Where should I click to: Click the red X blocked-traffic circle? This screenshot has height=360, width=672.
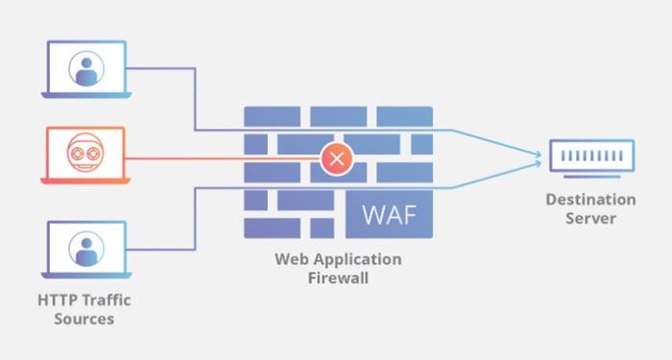(x=336, y=157)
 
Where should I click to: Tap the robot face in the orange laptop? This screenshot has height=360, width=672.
(x=85, y=154)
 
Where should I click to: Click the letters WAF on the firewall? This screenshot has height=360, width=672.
(x=392, y=213)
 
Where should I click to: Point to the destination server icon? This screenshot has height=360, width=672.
(x=589, y=156)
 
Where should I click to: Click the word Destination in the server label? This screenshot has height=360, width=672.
(x=590, y=200)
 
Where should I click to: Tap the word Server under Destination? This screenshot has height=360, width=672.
(x=590, y=219)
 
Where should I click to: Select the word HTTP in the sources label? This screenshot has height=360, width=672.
(x=57, y=300)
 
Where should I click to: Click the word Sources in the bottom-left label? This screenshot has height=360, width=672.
(x=84, y=319)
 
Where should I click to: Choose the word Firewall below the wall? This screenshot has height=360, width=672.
(x=338, y=278)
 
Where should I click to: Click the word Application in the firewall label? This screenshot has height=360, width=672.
(x=355, y=259)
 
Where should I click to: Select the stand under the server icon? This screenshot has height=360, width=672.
(x=589, y=177)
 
